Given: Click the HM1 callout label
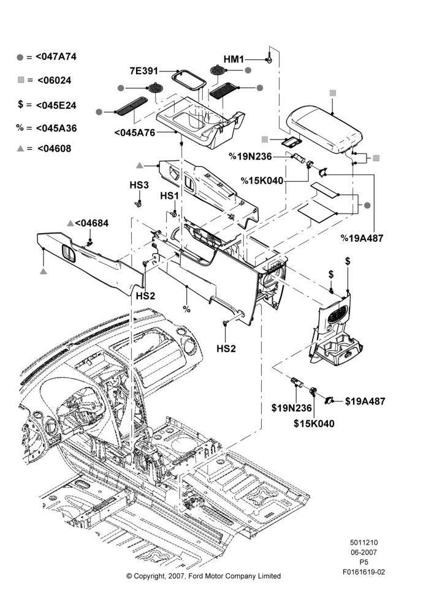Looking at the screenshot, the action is tap(234, 59).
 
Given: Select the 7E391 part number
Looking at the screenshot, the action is tap(144, 71).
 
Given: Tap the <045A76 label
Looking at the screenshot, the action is tap(135, 133).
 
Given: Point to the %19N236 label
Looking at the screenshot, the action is tap(250, 157).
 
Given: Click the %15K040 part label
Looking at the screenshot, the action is tap(262, 181).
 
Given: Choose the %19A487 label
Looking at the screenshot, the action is tap(362, 238).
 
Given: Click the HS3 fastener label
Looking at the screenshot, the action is tap(139, 185).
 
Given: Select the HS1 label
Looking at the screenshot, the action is tap(170, 196).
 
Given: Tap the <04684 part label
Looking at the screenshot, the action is tap(92, 223).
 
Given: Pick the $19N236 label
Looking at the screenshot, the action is tap(292, 408).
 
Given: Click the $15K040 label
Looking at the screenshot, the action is tap(314, 424).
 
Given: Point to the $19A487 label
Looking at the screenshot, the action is tap(365, 401).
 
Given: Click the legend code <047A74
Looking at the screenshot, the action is tap(56, 56).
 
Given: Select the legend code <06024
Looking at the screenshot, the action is tap(55, 80).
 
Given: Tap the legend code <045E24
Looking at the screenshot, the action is tap(56, 105).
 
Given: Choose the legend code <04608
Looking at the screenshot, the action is tap(55, 149).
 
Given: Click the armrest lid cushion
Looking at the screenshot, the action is tap(324, 128).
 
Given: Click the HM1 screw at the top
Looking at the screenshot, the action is tap(269, 55).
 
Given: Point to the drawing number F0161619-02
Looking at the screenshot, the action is tap(364, 572).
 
